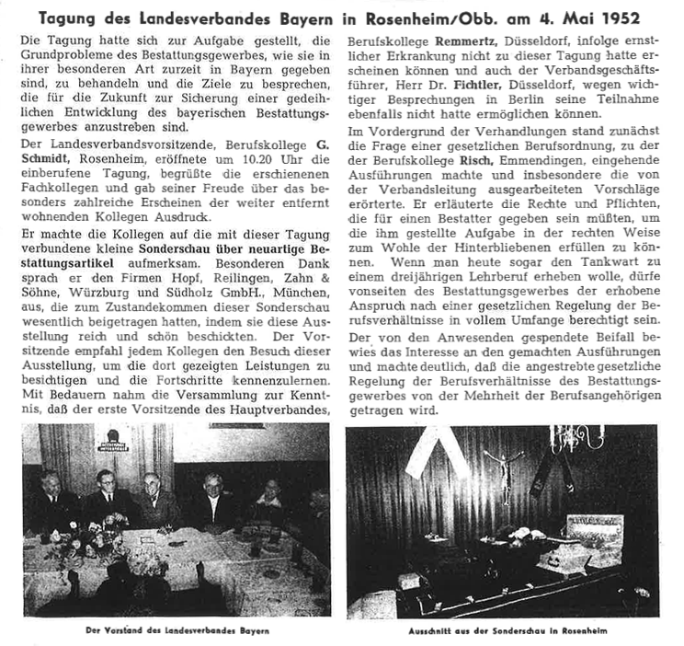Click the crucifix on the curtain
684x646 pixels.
coord(503,466)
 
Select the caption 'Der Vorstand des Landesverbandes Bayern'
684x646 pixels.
coord(176,631)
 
